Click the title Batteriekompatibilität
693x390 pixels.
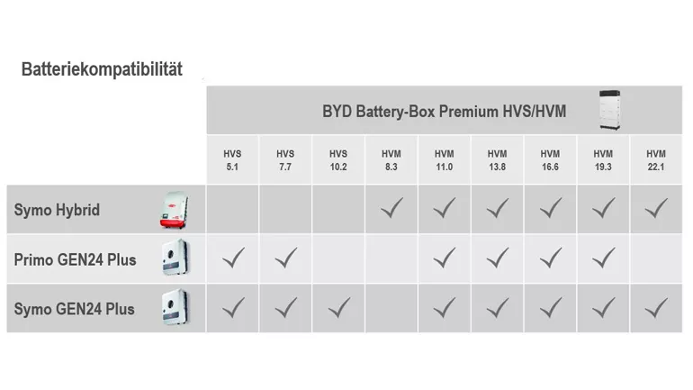click(102, 69)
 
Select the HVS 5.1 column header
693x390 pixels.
click(232, 160)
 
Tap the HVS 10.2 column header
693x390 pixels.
click(338, 160)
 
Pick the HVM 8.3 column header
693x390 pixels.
click(391, 160)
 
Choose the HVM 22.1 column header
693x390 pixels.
click(656, 160)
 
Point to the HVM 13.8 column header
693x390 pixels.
click(497, 160)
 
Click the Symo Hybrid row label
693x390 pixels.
click(57, 210)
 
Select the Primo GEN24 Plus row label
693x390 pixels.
click(75, 259)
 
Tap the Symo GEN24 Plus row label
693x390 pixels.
click(74, 309)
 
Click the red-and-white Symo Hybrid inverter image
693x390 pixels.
click(175, 210)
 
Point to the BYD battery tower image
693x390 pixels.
click(610, 111)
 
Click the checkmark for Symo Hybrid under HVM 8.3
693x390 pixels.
click(391, 208)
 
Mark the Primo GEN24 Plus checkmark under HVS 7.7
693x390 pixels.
click(286, 258)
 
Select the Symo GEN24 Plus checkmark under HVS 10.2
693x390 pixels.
click(339, 307)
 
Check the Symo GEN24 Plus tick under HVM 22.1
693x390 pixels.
click(656, 307)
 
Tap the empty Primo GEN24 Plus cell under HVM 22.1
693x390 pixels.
click(656, 258)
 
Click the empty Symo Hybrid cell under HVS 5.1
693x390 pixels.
click(232, 209)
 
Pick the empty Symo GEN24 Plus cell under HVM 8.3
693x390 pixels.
click(391, 308)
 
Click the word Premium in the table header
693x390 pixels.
click(470, 112)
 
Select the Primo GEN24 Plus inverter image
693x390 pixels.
click(175, 258)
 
